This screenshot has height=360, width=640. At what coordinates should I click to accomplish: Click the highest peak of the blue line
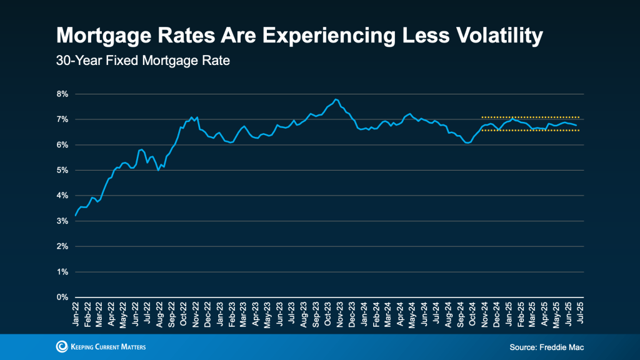(336, 99)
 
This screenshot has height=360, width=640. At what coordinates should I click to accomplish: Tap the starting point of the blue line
(76, 216)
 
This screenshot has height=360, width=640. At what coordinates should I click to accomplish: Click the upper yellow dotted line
(531, 117)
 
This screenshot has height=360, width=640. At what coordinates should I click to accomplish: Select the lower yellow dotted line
(531, 131)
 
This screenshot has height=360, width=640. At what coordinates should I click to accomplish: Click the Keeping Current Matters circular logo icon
(61, 346)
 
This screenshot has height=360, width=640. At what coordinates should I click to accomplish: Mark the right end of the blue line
(576, 126)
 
